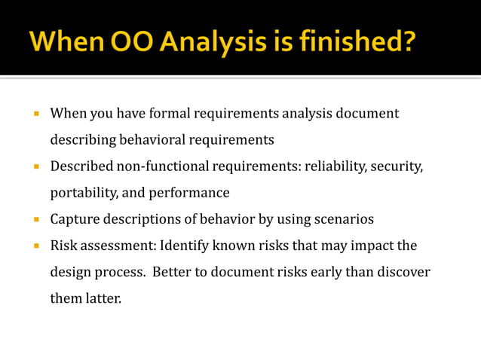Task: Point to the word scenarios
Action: [343, 219]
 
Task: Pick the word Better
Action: [170, 272]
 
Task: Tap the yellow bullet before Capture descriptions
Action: [35, 220]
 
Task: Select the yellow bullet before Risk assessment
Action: [35, 246]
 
